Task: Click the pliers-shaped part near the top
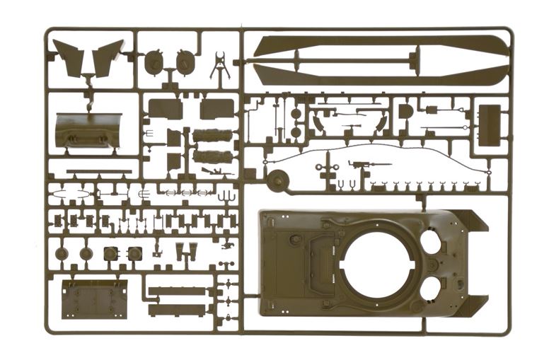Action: click(220, 66)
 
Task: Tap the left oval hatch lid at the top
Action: click(154, 64)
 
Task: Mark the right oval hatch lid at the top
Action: click(185, 64)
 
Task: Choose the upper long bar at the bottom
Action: click(177, 291)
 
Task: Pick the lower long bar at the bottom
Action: click(177, 309)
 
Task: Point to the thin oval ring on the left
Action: click(71, 193)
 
